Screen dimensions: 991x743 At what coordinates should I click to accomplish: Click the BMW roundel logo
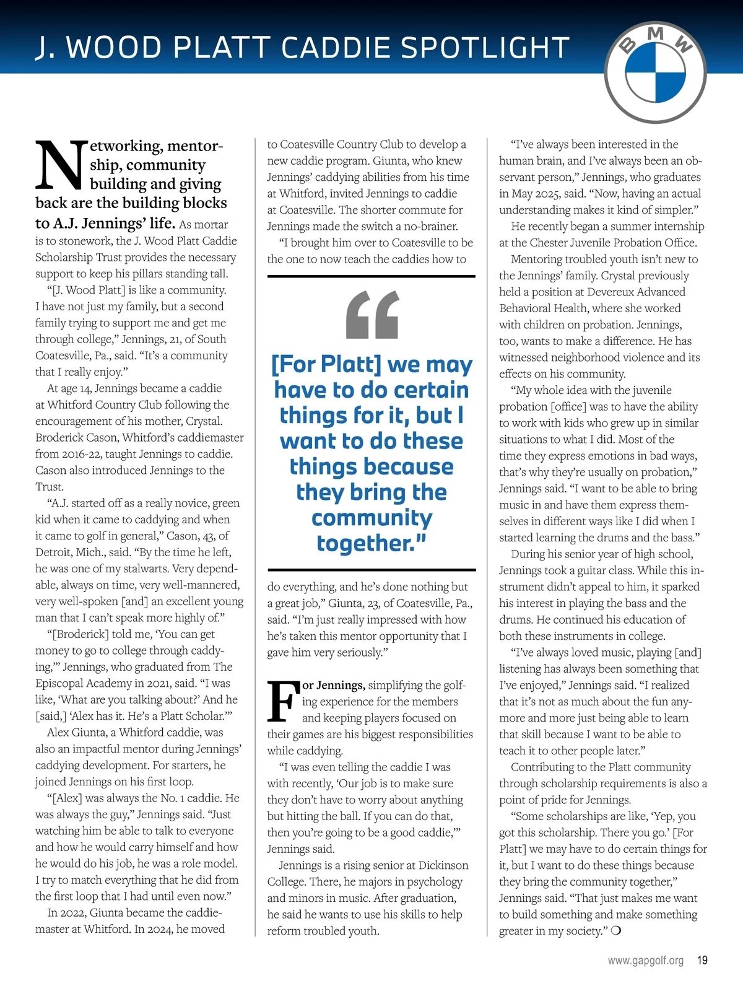point(655,74)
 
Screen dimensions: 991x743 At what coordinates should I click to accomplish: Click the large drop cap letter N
point(61,165)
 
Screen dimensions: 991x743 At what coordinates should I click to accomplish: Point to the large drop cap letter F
point(283,702)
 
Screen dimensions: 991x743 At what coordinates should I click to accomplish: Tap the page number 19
point(702,961)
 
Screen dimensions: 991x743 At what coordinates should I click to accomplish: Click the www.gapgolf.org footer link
point(645,961)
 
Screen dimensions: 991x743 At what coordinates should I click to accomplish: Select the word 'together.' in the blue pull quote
point(371,543)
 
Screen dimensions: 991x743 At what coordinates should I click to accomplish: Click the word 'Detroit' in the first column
point(54,552)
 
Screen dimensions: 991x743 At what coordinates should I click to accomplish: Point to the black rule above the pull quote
point(371,276)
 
